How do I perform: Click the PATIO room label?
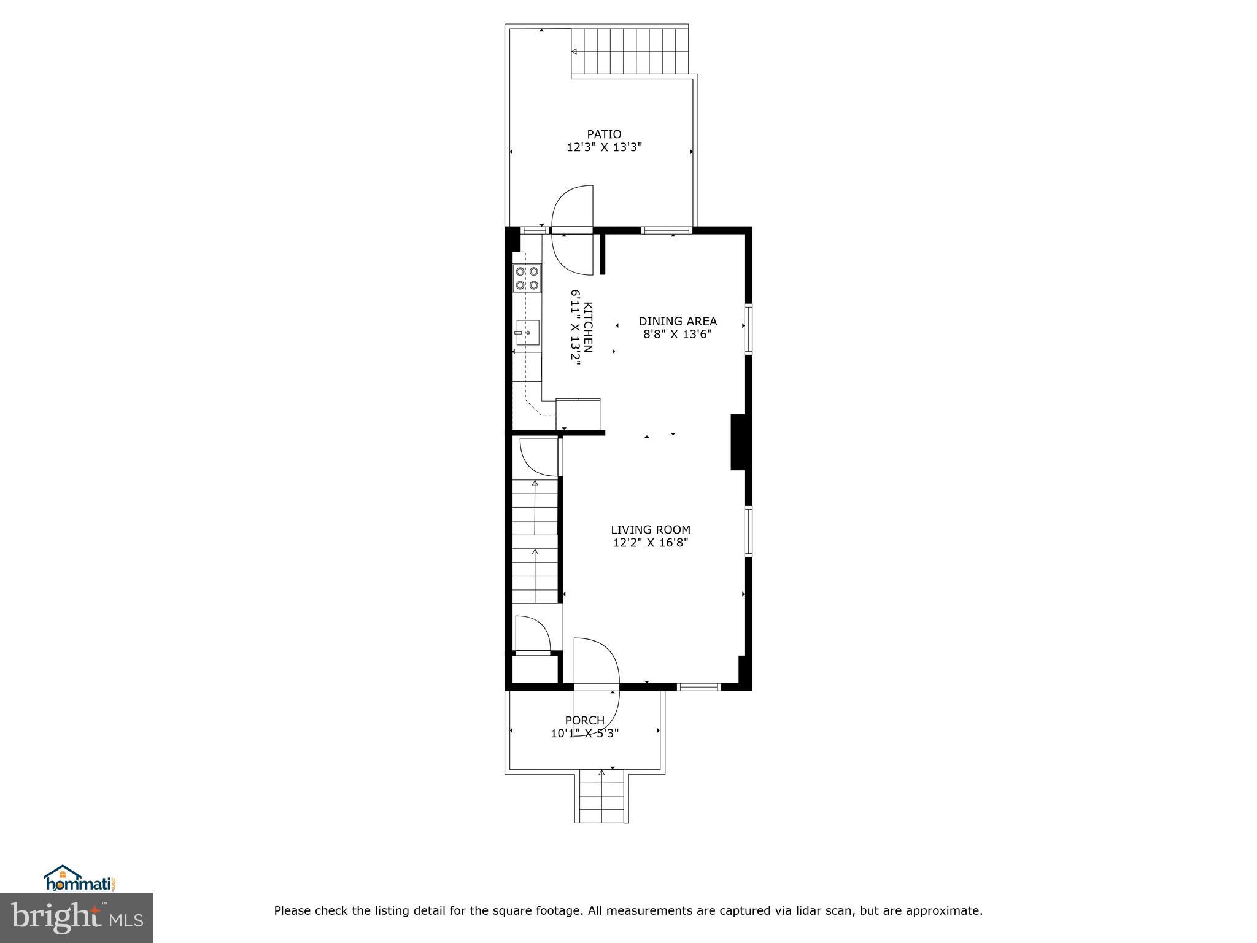tap(604, 134)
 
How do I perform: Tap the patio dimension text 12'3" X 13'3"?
tap(604, 147)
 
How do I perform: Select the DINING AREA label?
tap(678, 321)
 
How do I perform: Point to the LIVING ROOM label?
tap(651, 529)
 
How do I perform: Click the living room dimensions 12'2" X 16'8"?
tap(651, 543)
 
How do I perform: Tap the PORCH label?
tap(584, 720)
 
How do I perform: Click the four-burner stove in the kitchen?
tap(527, 277)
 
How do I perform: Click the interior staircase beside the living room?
tap(535, 540)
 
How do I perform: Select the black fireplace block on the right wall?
tap(738, 442)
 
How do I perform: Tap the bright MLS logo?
tap(77, 918)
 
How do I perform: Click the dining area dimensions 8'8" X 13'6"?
tap(678, 335)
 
